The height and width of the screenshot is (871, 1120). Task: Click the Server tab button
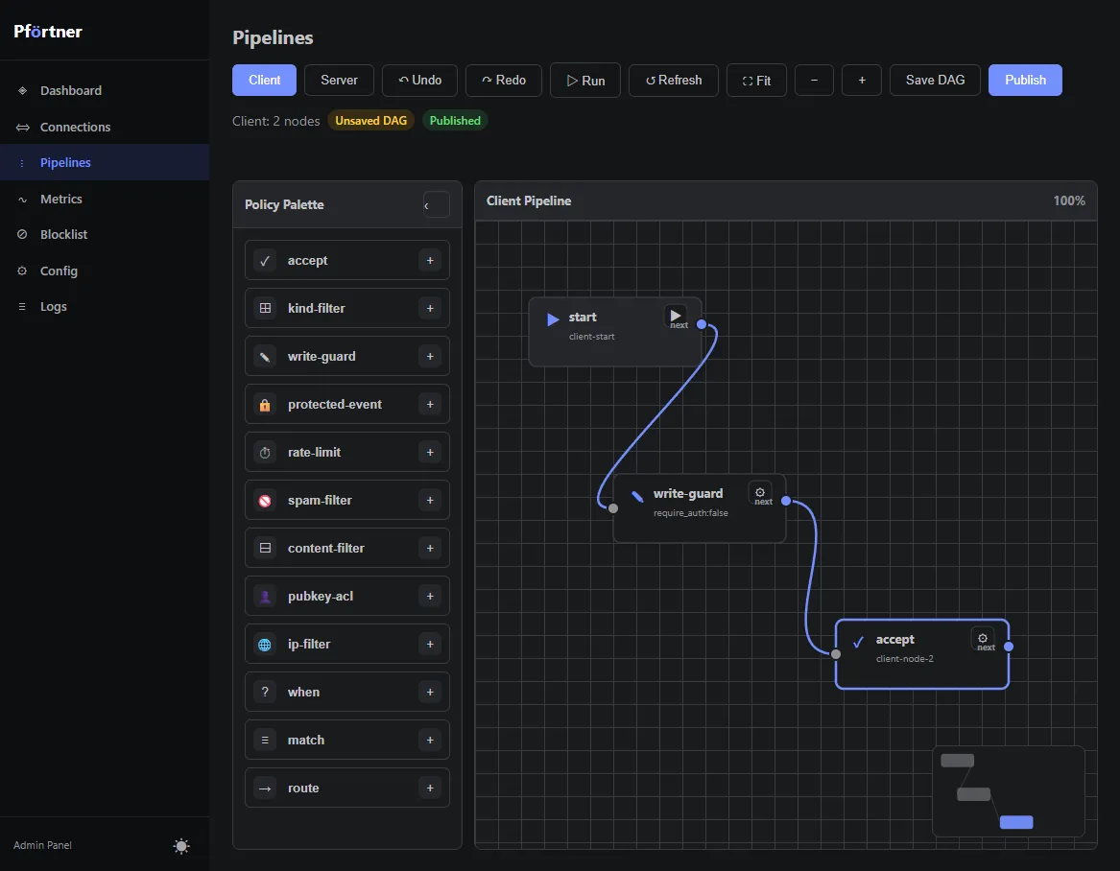[339, 80]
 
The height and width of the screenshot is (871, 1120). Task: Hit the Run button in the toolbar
[585, 80]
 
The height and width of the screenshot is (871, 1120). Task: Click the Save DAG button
[934, 80]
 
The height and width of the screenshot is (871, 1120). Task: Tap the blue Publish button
[1025, 80]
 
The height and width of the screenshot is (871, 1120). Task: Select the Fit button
[756, 80]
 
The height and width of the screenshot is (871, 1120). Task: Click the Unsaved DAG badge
[370, 121]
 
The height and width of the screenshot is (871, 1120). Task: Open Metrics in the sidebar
[61, 200]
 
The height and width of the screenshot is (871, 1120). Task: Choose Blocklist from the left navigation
[63, 234]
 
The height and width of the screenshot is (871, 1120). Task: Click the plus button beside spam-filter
[430, 501]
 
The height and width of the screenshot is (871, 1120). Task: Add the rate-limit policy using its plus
[430, 453]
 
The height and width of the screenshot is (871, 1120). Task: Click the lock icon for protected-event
[265, 405]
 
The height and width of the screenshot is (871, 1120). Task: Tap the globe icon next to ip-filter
[265, 645]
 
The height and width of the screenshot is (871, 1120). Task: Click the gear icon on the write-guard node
[760, 492]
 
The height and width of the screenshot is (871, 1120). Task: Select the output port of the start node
[702, 324]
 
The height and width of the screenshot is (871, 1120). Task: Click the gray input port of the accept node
[836, 653]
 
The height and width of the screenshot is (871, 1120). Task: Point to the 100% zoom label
[1068, 200]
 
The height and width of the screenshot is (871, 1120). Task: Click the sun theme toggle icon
[181, 846]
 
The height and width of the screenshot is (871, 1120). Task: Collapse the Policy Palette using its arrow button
[436, 205]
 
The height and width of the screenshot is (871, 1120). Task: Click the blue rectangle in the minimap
[1016, 822]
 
